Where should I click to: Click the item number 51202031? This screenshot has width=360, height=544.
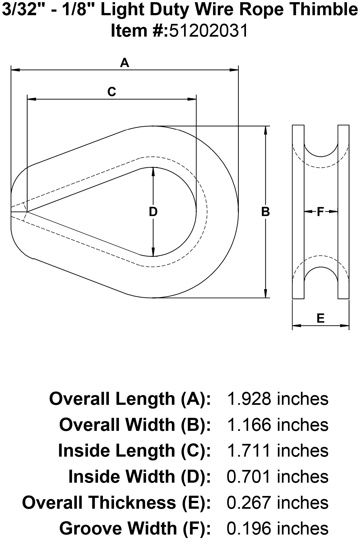[209, 30]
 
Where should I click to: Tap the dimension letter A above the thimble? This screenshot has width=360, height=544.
[124, 63]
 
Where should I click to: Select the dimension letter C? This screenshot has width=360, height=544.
[112, 92]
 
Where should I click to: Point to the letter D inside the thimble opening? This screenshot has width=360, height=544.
[153, 212]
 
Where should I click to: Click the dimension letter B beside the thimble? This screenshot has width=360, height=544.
[265, 212]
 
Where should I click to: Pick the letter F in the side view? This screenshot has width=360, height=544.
[321, 212]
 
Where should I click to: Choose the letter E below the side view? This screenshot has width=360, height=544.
[321, 318]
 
